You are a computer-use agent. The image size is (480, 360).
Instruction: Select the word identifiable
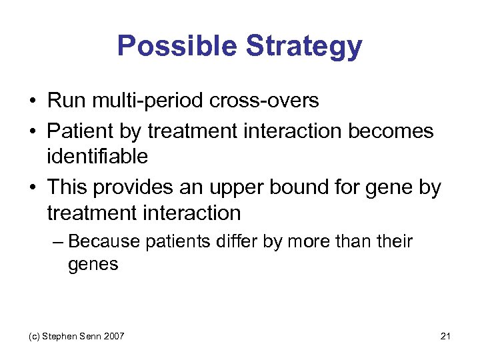click(x=98, y=157)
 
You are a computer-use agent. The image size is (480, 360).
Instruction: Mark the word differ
click(x=240, y=241)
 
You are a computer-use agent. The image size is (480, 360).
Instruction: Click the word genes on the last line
click(x=93, y=265)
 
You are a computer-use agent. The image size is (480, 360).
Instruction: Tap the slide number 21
click(x=446, y=336)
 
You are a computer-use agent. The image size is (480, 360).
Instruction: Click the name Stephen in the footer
click(x=61, y=336)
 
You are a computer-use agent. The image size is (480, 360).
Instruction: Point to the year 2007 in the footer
click(x=113, y=336)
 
